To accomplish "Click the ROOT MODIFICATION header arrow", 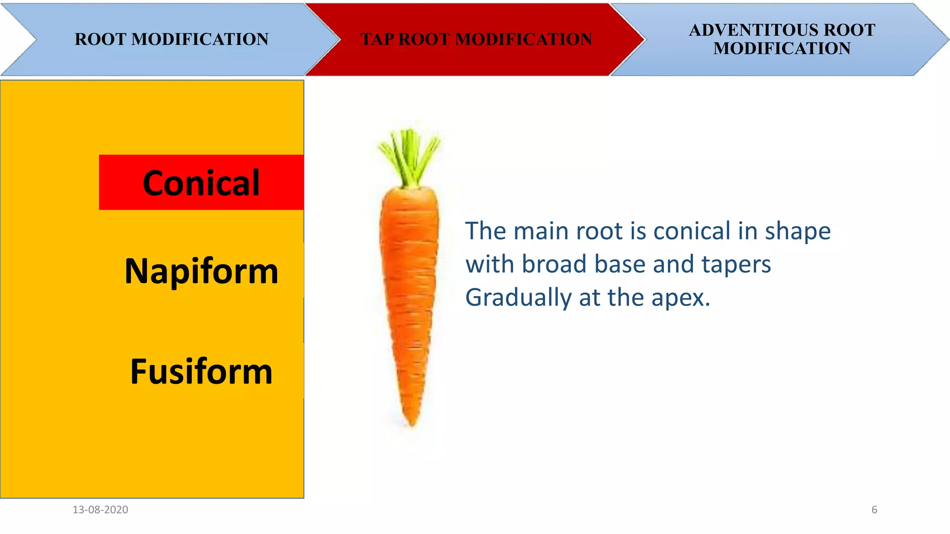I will click(171, 39).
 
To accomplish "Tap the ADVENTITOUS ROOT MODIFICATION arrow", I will click(782, 39).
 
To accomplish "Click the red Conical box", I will click(201, 183).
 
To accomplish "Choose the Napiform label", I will click(201, 271).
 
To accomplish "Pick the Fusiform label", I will click(201, 371).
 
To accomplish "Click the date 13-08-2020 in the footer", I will click(100, 510).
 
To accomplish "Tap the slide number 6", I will click(874, 510).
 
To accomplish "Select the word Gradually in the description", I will click(518, 298).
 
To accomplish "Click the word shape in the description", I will click(797, 232).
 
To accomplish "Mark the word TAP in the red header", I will click(377, 39).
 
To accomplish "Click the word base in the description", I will click(620, 264).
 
